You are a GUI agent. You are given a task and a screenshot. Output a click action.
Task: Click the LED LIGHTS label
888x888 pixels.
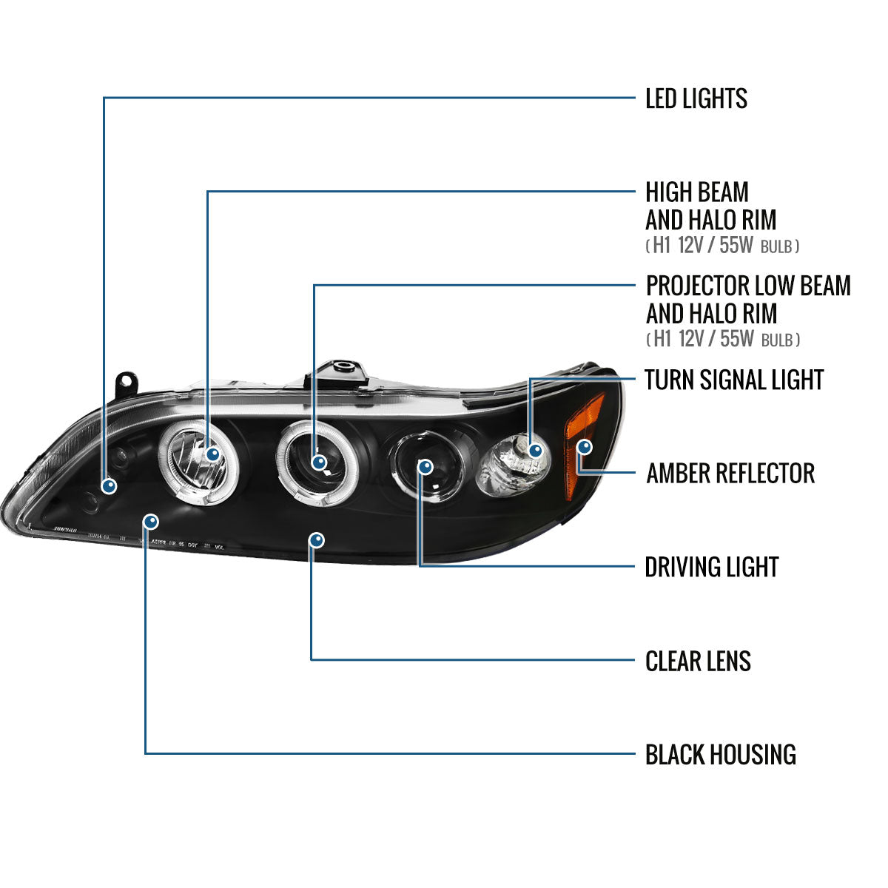coord(696,98)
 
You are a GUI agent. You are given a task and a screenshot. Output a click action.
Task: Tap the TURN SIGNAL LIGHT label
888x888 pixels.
coord(733,380)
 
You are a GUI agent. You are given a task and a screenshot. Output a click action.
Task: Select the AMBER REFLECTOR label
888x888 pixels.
coord(730,474)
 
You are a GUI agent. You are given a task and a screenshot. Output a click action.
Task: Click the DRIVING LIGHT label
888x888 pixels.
coord(711,567)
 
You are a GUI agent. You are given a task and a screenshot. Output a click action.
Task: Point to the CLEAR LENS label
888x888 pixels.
coord(698,661)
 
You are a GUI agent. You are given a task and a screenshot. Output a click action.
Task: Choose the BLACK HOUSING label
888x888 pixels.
coord(720,754)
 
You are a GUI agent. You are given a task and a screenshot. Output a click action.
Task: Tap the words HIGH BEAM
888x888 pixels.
coord(697,192)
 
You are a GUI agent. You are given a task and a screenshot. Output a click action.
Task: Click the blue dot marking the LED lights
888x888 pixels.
coord(110,486)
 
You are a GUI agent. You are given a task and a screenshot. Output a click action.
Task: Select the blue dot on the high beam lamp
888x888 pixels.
coord(212,454)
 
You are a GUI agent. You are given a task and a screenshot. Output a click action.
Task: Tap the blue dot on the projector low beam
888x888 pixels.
coord(319,462)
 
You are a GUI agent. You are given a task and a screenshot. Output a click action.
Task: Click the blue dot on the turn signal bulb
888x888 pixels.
coord(536,450)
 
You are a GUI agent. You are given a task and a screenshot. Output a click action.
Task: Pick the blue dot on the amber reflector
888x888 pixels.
coord(585,446)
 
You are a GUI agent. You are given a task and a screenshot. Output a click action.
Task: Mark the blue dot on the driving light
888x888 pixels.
coord(425,467)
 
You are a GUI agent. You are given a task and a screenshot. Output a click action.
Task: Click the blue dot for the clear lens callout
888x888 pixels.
coord(317,540)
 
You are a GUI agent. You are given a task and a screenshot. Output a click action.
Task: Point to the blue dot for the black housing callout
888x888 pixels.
coord(151,522)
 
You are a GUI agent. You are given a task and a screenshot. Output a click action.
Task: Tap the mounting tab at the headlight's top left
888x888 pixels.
coord(127,383)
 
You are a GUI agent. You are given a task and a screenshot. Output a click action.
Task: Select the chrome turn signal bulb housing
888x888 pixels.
coord(512,465)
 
